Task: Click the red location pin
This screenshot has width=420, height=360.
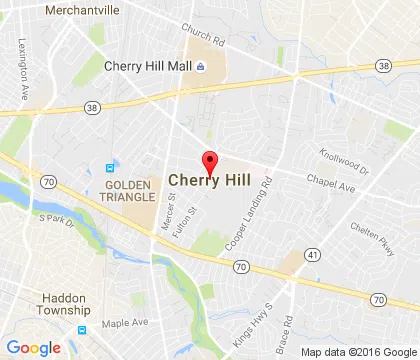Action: pyautogui.click(x=210, y=162)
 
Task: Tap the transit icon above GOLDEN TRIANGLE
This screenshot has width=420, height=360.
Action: pyautogui.click(x=110, y=167)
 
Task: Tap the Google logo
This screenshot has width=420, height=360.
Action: pyautogui.click(x=33, y=347)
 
